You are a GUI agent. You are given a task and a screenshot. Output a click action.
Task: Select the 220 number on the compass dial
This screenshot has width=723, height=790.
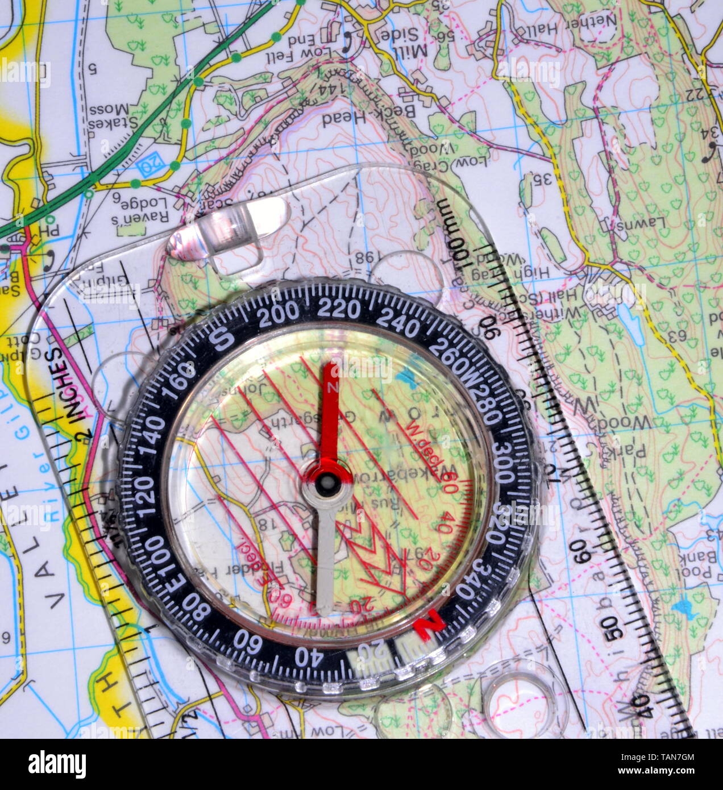coord(339,309)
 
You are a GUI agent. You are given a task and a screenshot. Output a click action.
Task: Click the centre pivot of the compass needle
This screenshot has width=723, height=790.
coord(326,482)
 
